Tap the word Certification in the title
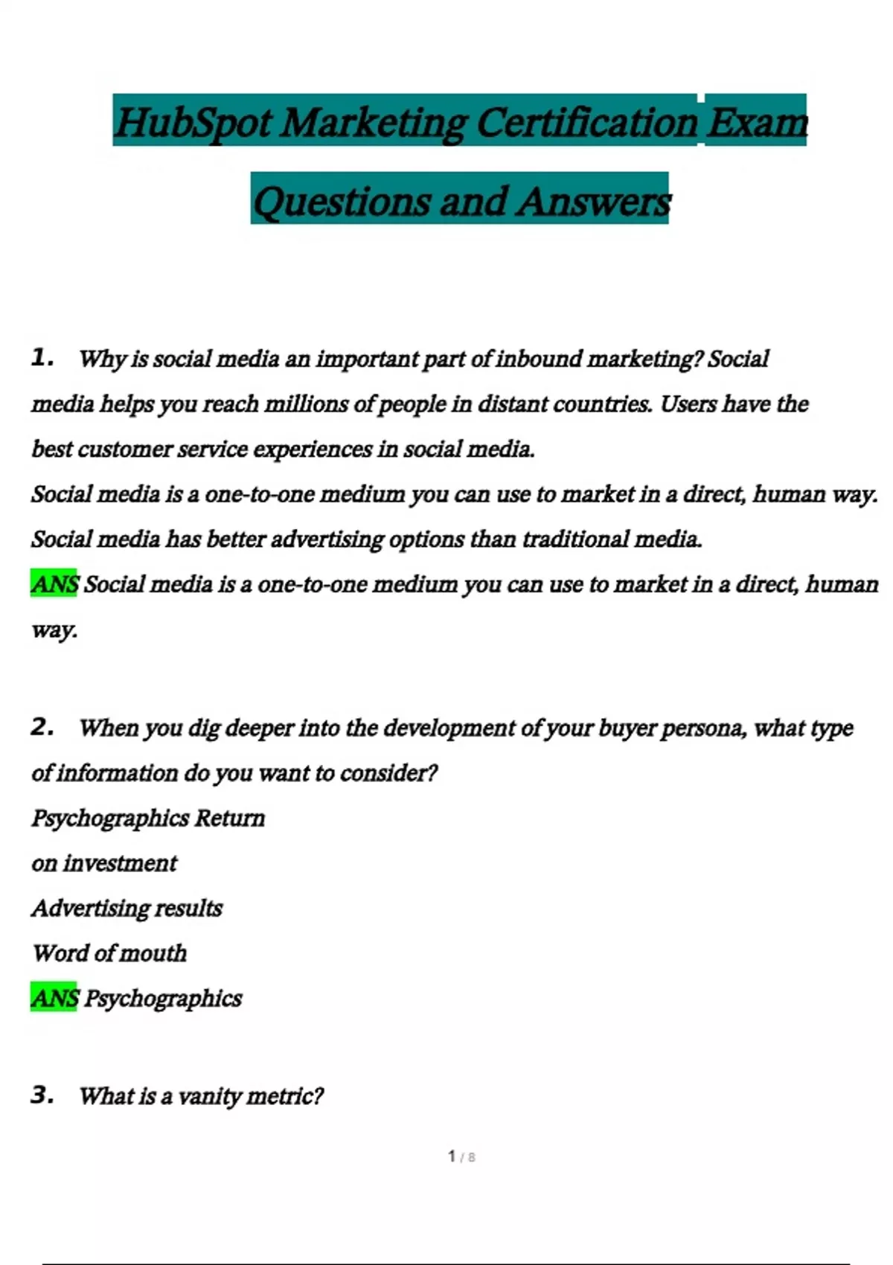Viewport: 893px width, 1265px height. [x=586, y=123]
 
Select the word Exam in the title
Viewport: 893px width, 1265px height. [x=756, y=123]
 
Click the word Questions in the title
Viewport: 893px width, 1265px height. [x=342, y=202]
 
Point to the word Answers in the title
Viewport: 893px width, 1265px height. [x=594, y=202]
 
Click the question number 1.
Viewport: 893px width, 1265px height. [x=42, y=358]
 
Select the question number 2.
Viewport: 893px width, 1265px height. [x=42, y=727]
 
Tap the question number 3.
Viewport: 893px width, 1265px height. [x=42, y=1095]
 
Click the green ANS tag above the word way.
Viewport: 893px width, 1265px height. [x=54, y=584]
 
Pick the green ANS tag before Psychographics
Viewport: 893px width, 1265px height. [x=54, y=998]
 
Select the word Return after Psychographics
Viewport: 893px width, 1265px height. [x=229, y=819]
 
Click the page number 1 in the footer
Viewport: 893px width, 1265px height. [x=452, y=1156]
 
